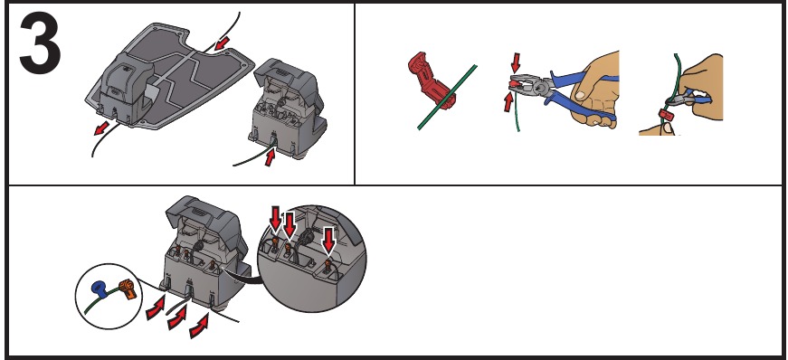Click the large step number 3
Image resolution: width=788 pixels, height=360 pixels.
40,43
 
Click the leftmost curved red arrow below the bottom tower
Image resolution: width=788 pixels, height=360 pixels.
155,311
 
